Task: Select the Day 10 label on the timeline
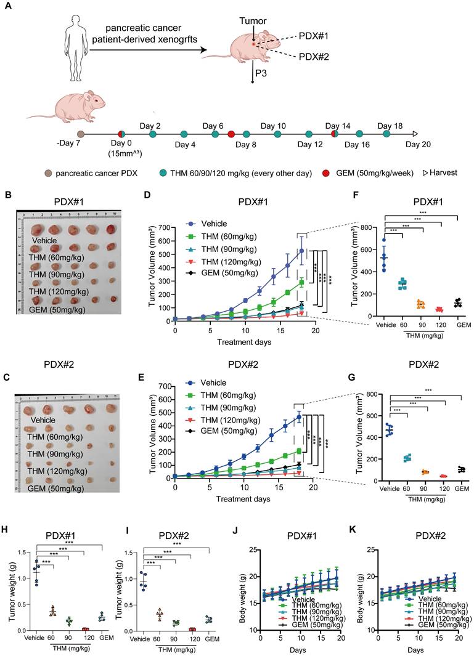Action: click(273, 126)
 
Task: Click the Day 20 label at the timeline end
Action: click(418, 145)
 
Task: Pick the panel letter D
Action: click(146, 195)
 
